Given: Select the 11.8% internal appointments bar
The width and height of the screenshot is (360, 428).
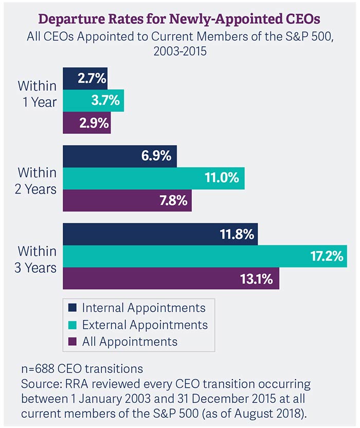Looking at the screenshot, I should click(160, 235).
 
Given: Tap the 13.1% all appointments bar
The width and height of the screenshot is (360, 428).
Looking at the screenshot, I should click(171, 278).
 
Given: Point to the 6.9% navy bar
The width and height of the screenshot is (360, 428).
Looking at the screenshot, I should click(119, 156).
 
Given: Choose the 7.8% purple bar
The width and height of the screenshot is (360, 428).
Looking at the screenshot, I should click(127, 200).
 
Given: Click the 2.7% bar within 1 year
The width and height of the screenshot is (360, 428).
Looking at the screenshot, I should click(85, 79).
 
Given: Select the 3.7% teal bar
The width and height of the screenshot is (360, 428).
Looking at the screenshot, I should click(93, 101).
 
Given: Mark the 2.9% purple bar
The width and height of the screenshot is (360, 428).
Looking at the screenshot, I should click(86, 122).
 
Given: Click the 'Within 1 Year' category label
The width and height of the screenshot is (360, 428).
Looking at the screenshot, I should click(37, 94).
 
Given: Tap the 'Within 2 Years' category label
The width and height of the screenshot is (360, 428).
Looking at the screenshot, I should click(37, 181).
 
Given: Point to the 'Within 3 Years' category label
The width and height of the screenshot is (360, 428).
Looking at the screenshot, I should click(37, 260).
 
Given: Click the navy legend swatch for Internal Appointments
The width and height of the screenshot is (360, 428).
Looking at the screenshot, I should click(73, 308).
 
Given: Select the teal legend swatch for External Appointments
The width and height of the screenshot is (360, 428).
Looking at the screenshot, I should click(73, 325).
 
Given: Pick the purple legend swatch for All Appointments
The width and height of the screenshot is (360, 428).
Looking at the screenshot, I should click(73, 342).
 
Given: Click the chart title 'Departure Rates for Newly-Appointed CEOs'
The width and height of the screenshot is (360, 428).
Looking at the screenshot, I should click(179, 19).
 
